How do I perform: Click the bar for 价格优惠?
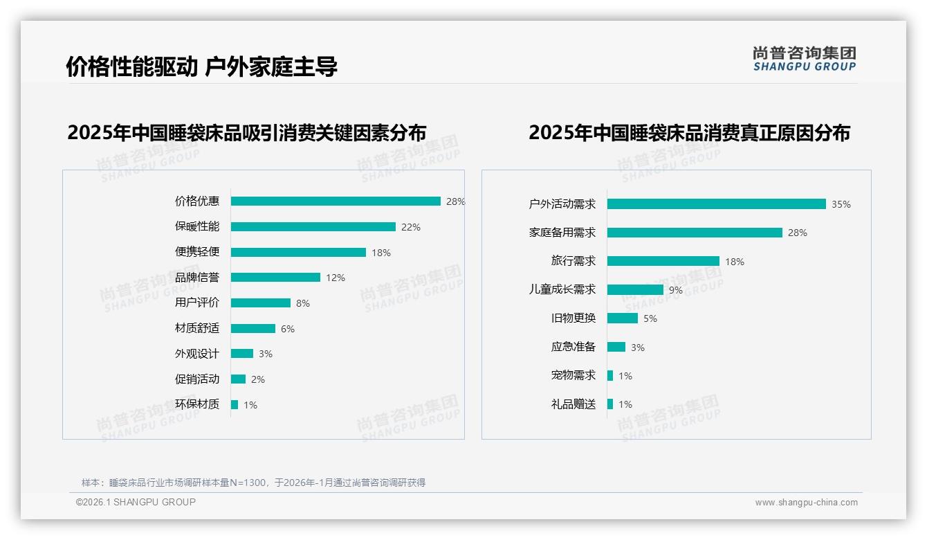pyautogui.click(x=336, y=201)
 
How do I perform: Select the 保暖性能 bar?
pyautogui.click(x=313, y=227)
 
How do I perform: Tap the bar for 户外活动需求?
pyautogui.click(x=716, y=204)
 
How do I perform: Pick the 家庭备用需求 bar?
pyautogui.click(x=695, y=233)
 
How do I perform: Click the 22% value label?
pyautogui.click(x=411, y=227)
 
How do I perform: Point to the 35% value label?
pyautogui.click(x=841, y=204)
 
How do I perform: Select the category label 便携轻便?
pyautogui.click(x=197, y=252)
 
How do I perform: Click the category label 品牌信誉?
pyautogui.click(x=197, y=278)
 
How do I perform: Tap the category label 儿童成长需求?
pyautogui.click(x=562, y=289)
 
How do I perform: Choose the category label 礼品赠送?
pyautogui.click(x=573, y=404)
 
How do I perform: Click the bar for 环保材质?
pyautogui.click(x=235, y=404)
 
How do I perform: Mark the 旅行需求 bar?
pyautogui.click(x=663, y=261)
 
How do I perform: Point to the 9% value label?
pyautogui.click(x=676, y=290)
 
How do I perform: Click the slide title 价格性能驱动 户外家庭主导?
pyautogui.click(x=202, y=67)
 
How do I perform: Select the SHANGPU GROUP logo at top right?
pyautogui.click(x=805, y=59)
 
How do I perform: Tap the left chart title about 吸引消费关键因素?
pyautogui.click(x=247, y=132)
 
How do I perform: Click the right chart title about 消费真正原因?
pyautogui.click(x=689, y=132)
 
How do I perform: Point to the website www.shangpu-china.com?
pyautogui.click(x=806, y=503)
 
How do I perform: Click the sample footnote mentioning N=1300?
pyautogui.click(x=254, y=483)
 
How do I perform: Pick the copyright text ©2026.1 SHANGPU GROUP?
pyautogui.click(x=136, y=502)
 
